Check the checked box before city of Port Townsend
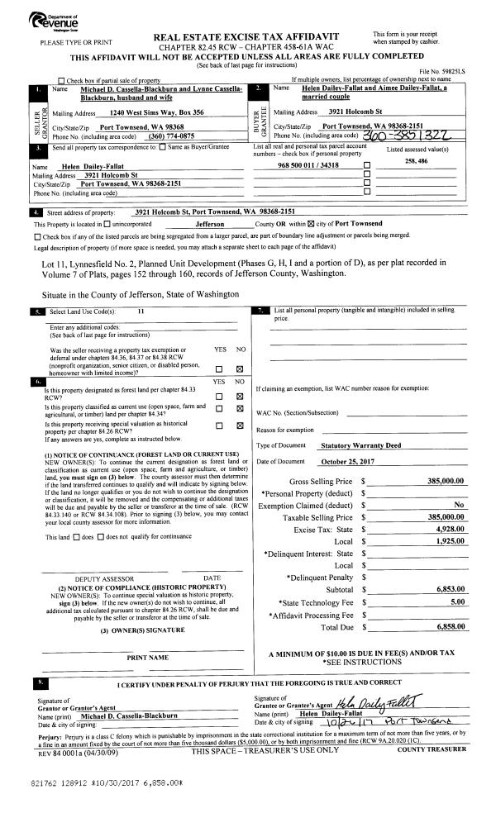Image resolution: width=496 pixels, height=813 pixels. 312,224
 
